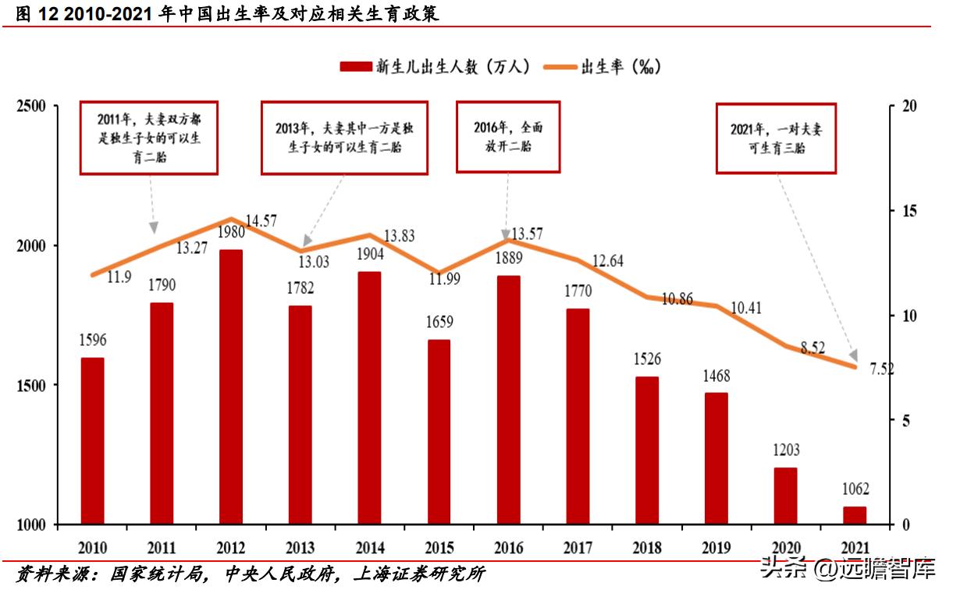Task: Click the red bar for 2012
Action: click(x=231, y=387)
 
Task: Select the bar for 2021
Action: click(x=855, y=515)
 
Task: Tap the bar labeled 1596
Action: click(x=92, y=441)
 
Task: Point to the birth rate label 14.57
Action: click(x=261, y=221)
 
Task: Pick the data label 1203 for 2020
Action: click(x=786, y=450)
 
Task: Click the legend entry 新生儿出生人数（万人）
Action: click(x=435, y=67)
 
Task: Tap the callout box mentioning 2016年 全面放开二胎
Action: click(x=508, y=137)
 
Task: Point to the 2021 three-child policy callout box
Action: click(x=776, y=138)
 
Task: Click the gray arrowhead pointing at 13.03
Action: click(x=307, y=240)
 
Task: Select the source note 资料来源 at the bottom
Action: click(x=250, y=575)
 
